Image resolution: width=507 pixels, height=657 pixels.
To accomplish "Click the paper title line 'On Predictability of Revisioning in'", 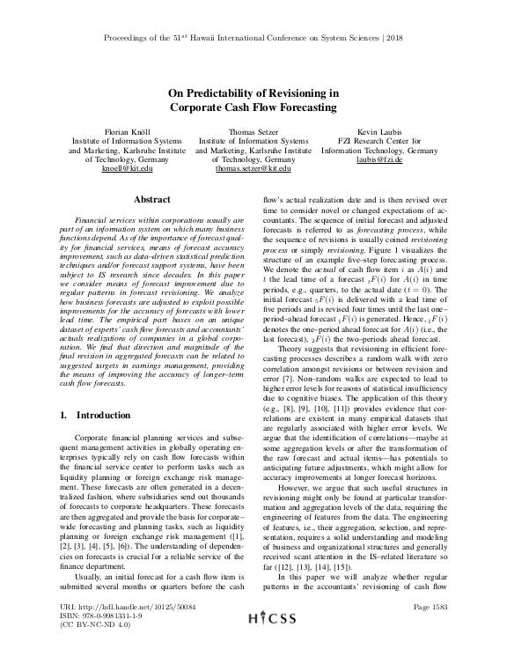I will click(x=253, y=92).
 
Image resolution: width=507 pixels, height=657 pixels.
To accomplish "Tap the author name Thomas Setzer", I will click(x=253, y=129).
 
